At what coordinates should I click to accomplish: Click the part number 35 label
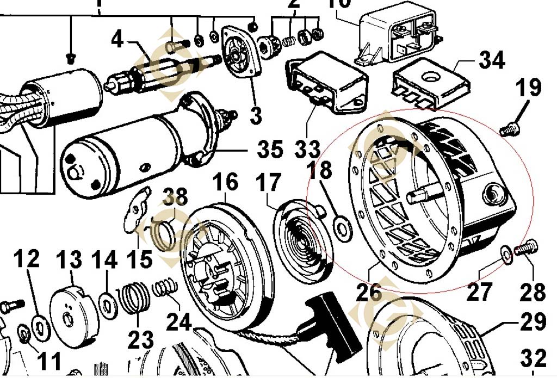pyautogui.click(x=270, y=148)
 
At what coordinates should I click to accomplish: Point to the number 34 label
pyautogui.click(x=492, y=60)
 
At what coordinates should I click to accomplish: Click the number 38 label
pyautogui.click(x=174, y=196)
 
